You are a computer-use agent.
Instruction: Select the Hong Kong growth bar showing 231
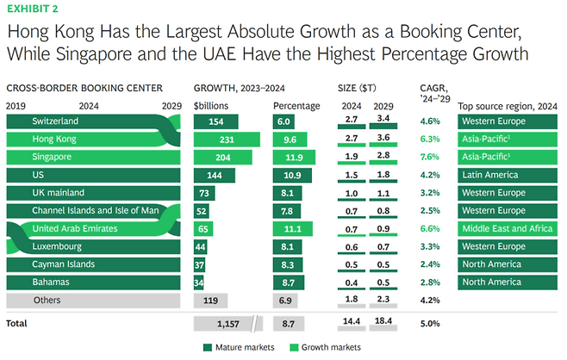(227, 139)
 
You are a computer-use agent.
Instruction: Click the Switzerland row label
(55, 121)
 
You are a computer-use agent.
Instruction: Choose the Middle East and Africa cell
(503, 228)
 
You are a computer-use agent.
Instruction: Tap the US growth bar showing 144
(215, 175)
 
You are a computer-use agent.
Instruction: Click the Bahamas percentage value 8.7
(290, 282)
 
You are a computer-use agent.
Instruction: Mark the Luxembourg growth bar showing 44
(202, 246)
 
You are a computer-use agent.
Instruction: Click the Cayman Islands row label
(61, 264)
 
